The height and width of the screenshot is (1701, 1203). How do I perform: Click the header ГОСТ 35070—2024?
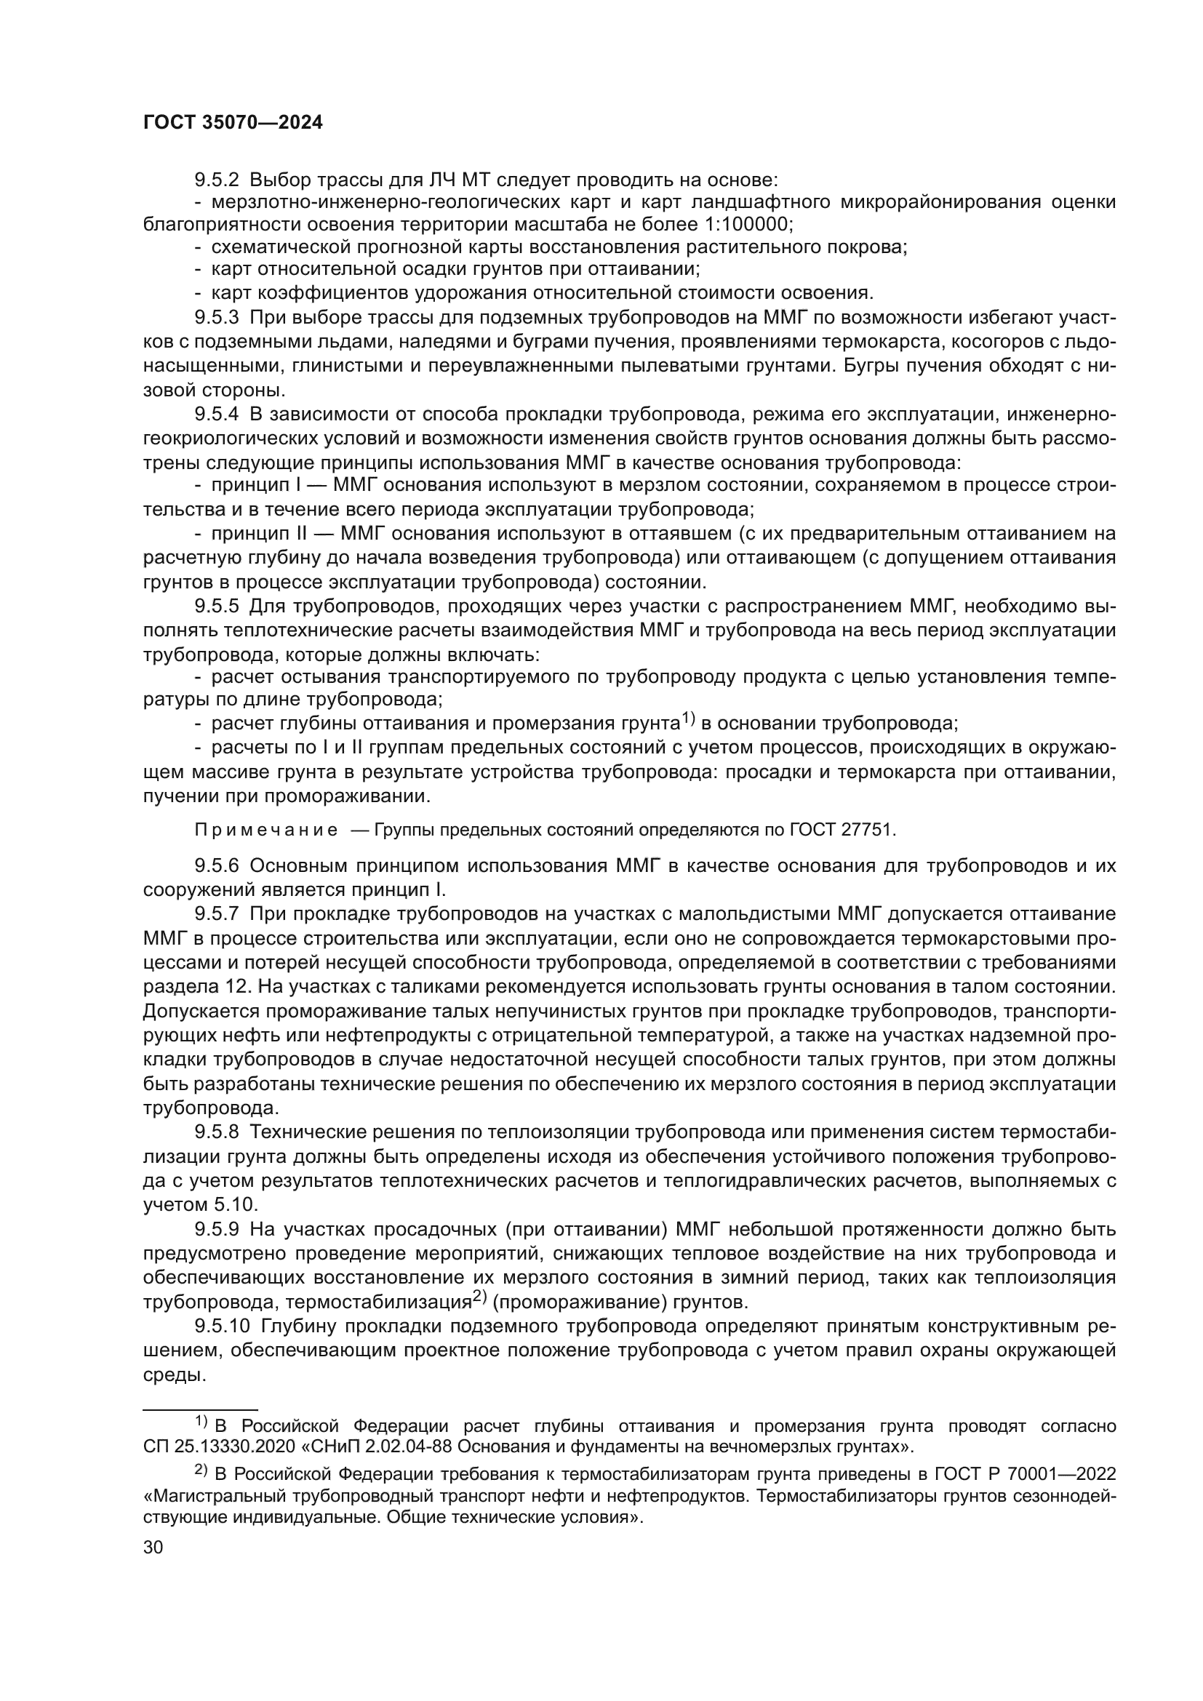tap(233, 123)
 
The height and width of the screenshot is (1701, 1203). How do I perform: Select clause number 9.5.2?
tap(216, 180)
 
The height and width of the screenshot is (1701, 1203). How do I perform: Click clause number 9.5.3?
tap(216, 318)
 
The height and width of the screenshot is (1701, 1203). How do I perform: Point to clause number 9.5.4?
tap(216, 415)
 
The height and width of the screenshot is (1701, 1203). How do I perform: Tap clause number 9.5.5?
tap(216, 606)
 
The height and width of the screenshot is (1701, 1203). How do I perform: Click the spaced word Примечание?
tap(266, 830)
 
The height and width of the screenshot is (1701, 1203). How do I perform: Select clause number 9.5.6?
tap(216, 865)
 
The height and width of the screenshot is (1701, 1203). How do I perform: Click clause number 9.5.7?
tap(216, 913)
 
